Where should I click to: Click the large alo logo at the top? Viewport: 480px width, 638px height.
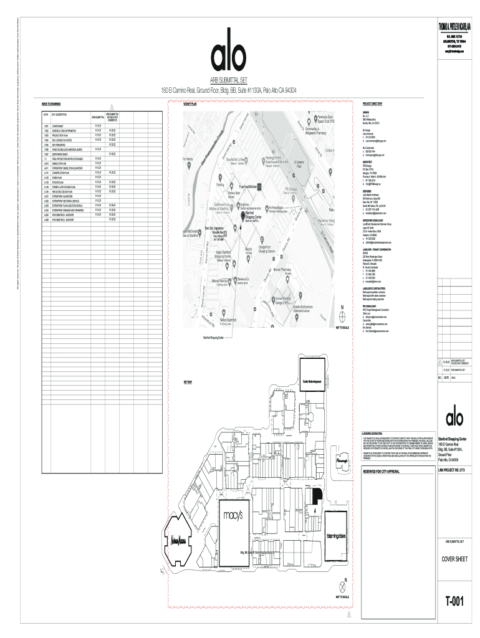231,55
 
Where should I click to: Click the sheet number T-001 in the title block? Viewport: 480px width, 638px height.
454,601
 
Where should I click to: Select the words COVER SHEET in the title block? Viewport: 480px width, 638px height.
454,559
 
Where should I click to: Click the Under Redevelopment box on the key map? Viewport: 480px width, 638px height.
312,381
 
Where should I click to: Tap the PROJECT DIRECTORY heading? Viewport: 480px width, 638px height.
377,103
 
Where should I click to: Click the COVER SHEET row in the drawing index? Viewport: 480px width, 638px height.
64,126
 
